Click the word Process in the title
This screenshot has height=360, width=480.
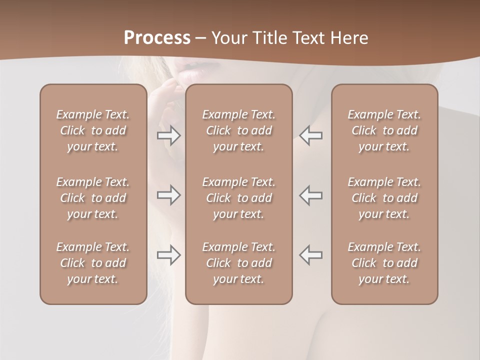click(x=157, y=37)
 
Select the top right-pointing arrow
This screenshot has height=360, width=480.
click(x=168, y=135)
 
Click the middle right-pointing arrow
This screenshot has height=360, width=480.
click(x=168, y=194)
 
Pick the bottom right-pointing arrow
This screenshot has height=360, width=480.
click(x=168, y=255)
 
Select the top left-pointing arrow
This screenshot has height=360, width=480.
click(x=310, y=135)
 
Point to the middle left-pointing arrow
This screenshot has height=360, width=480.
click(x=310, y=194)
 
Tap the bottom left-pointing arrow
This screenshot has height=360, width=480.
click(x=310, y=255)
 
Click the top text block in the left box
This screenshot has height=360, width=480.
click(x=93, y=130)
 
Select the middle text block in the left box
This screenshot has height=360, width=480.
click(x=93, y=198)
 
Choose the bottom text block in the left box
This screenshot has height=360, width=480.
click(x=93, y=263)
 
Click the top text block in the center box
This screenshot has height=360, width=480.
click(x=239, y=130)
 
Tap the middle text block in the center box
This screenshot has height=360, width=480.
click(x=239, y=198)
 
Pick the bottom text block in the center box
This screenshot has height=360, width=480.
click(x=239, y=263)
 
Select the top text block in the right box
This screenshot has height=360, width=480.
click(x=384, y=130)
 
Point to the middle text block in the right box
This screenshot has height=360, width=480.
click(x=384, y=198)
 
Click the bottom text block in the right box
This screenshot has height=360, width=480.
click(x=384, y=263)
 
